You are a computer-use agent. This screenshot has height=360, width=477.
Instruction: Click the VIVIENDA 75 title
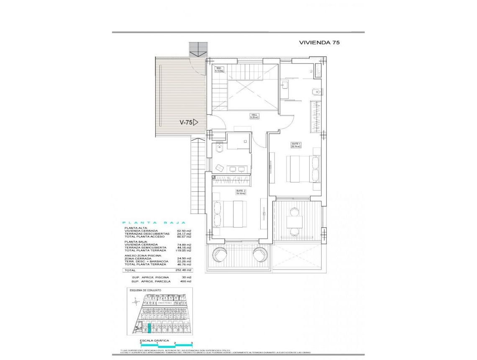[x=319, y=42]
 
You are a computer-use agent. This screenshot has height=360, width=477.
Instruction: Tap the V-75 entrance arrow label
[x=188, y=123]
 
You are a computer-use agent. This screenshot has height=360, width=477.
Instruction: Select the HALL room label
[x=254, y=116]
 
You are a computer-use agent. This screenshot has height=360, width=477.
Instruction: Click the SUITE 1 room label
[x=296, y=145]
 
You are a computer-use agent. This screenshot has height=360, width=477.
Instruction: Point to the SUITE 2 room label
[x=241, y=192]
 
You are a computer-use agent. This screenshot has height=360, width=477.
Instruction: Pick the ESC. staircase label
[x=219, y=69]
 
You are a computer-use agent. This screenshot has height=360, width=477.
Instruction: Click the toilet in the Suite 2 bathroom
[x=218, y=147]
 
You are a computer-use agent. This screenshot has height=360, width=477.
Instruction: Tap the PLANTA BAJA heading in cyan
[x=153, y=223]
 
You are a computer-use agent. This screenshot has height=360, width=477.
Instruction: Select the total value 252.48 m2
[x=183, y=270]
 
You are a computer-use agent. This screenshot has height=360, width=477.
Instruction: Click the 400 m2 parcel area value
[x=186, y=281]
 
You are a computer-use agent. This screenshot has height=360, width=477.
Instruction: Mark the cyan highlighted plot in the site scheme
[x=149, y=327]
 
